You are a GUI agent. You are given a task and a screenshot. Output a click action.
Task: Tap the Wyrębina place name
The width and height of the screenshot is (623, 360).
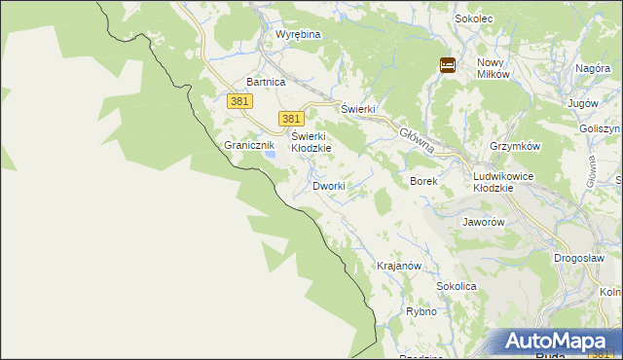pos(298,34)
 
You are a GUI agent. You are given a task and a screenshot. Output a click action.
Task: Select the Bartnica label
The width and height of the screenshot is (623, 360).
pos(266,83)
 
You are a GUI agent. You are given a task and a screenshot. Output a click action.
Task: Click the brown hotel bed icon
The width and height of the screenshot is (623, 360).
pos(448,65)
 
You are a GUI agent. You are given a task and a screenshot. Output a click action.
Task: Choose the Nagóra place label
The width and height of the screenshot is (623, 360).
pos(592,69)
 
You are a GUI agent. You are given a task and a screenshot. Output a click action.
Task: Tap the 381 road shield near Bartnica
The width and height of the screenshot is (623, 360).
pos(241,101)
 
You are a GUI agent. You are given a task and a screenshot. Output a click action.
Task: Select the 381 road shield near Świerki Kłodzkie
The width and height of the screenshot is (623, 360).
pos(290,118)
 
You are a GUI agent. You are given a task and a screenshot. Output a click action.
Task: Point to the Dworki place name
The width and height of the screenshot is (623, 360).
pos(329,185)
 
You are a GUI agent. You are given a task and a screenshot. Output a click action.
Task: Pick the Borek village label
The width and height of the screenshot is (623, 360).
pos(423,181)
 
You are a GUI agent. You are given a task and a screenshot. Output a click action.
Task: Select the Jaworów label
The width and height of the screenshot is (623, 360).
pos(483,222)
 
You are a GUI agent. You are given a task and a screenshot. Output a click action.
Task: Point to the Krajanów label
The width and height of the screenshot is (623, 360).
pos(397,266)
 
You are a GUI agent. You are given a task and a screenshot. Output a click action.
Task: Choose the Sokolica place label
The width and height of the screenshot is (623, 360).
pos(456,287)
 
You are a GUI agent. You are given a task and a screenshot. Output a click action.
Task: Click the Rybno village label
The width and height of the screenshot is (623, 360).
pos(421,312)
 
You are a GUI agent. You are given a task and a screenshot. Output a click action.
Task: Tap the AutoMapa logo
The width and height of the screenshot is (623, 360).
pos(560,342)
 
